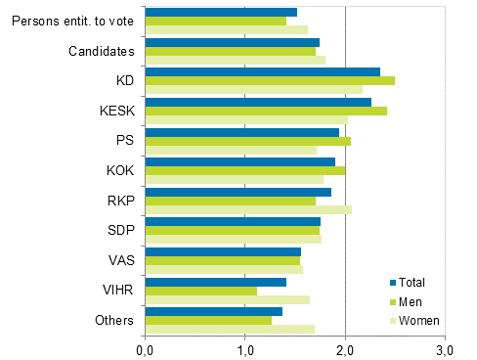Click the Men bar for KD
pos(270,81)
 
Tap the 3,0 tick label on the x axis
pos(446,348)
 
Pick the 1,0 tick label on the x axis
pos(245,348)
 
